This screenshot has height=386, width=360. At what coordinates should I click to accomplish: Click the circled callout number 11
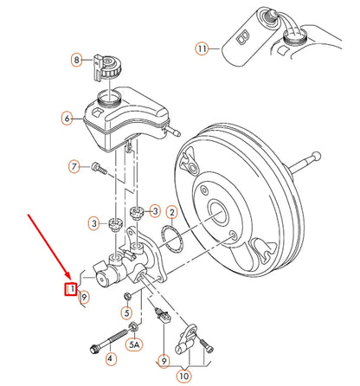coord(202,49)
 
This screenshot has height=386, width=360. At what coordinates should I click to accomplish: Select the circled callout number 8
coord(75,60)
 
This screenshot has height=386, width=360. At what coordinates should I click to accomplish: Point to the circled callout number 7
coord(74,165)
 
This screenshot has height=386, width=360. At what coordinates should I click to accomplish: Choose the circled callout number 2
coord(172,212)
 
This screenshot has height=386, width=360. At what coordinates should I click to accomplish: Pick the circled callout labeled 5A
coord(134,345)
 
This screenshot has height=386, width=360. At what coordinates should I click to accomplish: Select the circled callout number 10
coord(184,376)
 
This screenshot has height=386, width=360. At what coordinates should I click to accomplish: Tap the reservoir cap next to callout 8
coord(107,62)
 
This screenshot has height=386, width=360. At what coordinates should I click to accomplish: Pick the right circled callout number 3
coord(154,209)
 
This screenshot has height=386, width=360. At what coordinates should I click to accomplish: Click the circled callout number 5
coord(127,313)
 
